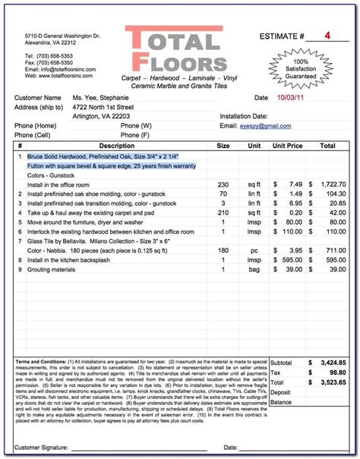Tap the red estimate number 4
coord(327,36)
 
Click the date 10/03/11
coord(289,98)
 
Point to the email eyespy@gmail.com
coord(267,125)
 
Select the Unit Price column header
coord(289,145)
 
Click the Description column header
coord(116,145)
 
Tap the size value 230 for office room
coord(223,184)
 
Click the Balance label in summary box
coord(282,403)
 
